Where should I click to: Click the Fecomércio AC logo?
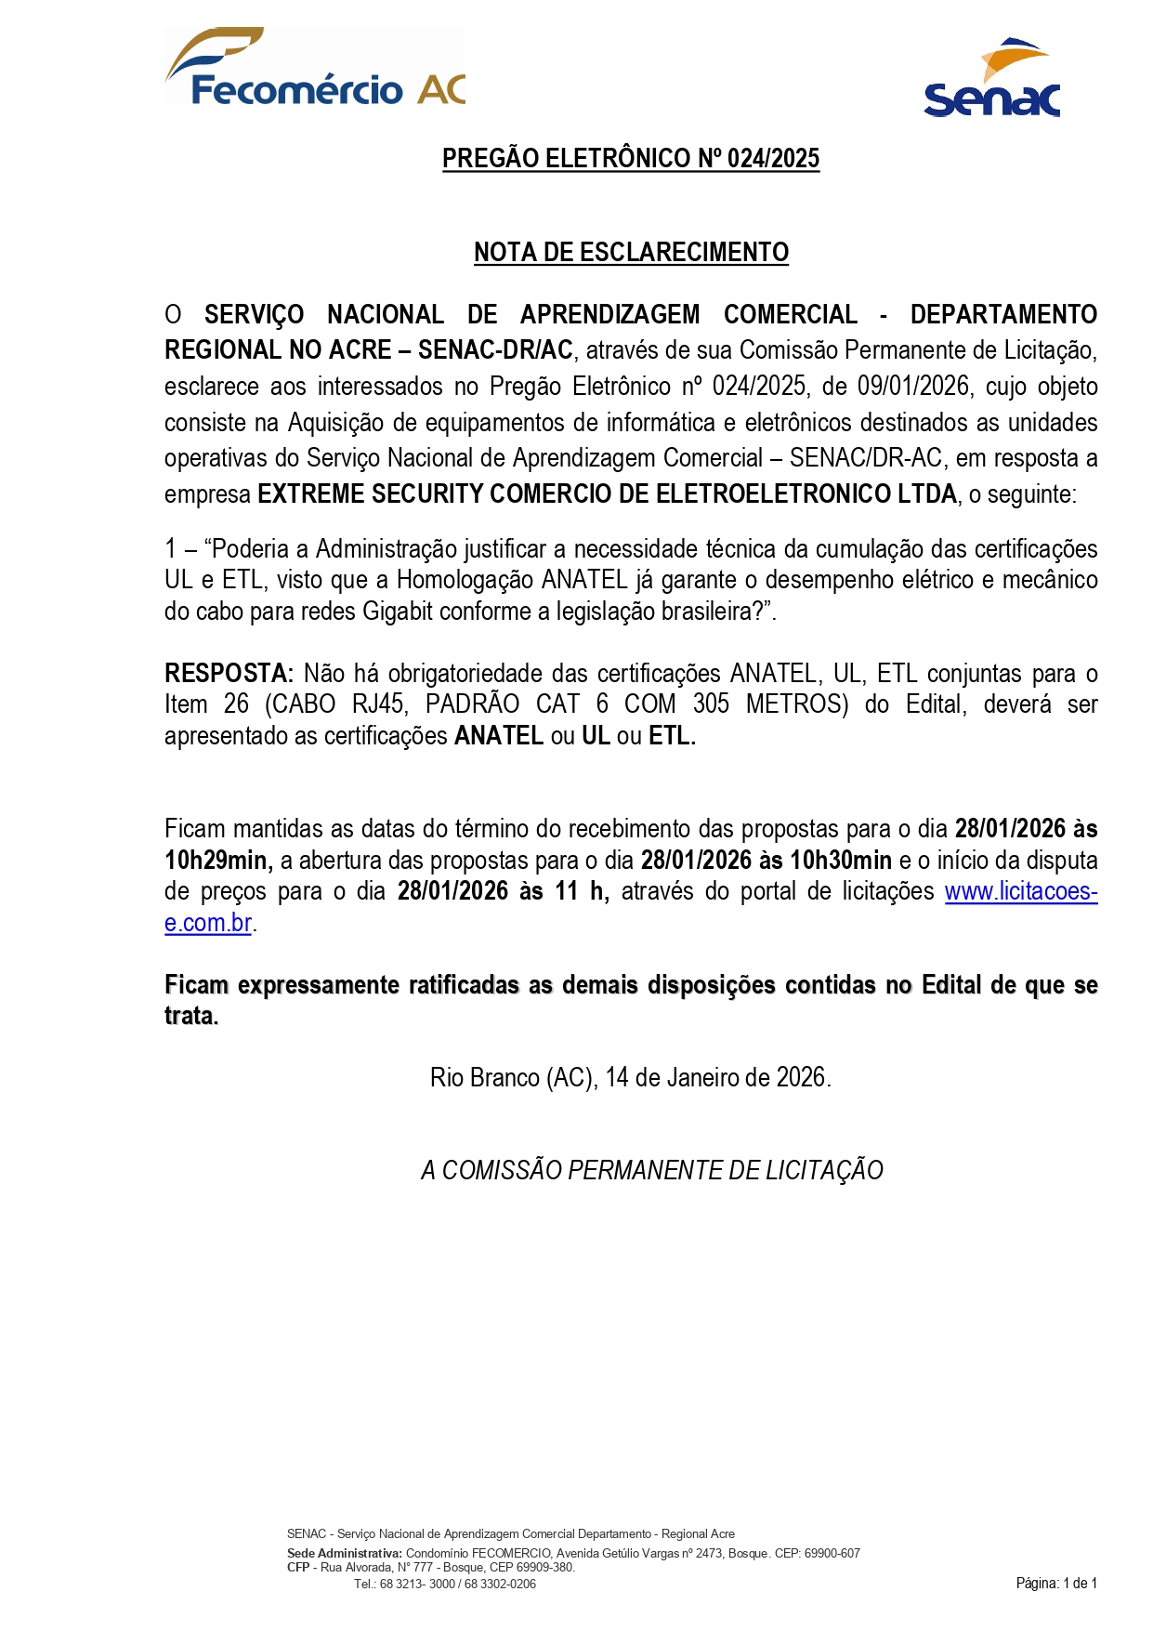coord(315,67)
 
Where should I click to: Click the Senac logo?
coord(991,80)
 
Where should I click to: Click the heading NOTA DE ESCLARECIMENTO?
coord(631,253)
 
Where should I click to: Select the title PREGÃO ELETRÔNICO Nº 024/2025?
coord(631,159)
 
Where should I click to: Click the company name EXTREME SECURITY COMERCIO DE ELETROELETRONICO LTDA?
coord(607,494)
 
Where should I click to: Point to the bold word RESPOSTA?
coord(229,673)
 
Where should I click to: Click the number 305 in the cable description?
coord(711,704)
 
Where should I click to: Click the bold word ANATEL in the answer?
coord(498,736)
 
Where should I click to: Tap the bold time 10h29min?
coord(218,861)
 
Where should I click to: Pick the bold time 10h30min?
coord(840,861)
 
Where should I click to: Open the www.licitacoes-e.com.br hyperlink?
coord(1020,892)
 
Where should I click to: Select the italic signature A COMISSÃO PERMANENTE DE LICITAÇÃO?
coord(651,1171)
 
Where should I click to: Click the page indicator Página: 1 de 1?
coord(1056,1584)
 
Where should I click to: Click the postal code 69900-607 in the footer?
coord(833,1554)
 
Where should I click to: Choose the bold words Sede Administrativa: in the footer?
coord(345,1554)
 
